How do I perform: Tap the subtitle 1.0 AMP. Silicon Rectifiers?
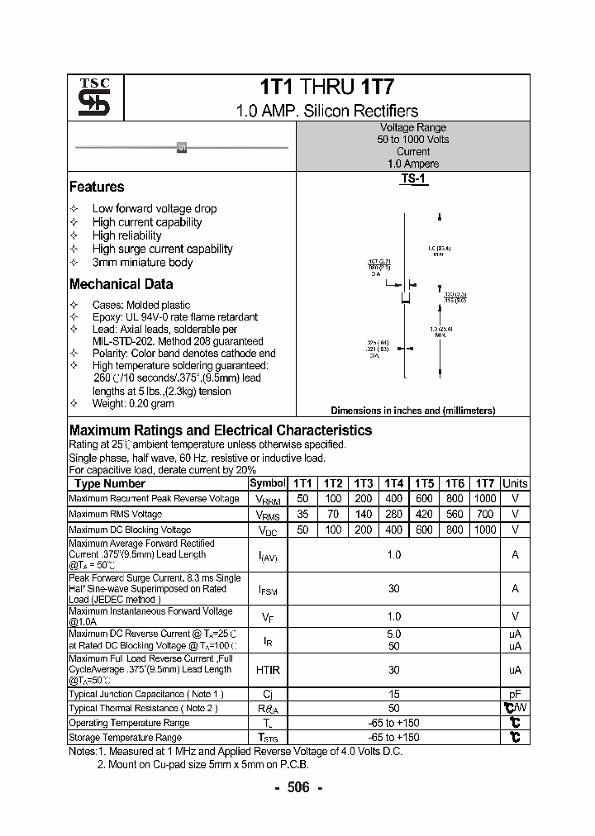coord(326,111)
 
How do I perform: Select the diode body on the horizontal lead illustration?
coord(182,147)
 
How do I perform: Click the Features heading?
coord(97,188)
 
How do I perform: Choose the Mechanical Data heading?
coord(121,284)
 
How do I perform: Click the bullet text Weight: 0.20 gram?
coord(133,404)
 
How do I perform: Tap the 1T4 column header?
coord(394,483)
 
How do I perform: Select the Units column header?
coord(515,483)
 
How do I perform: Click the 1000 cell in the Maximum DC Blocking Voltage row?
coord(485,530)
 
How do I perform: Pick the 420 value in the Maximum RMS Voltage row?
coord(424,514)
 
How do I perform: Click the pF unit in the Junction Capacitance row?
coord(515,695)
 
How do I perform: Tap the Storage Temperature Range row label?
coord(125,737)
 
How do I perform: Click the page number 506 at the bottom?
coord(297,787)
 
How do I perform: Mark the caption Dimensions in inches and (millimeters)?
coord(412,411)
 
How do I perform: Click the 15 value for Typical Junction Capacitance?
coord(394,695)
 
